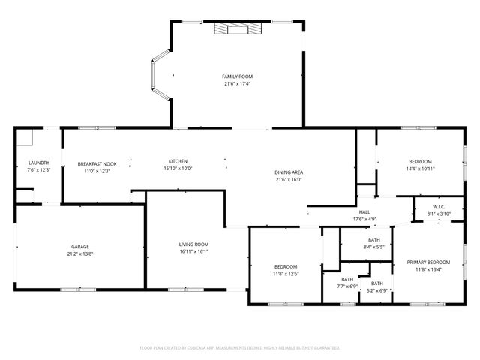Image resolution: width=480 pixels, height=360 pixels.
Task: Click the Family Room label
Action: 237,76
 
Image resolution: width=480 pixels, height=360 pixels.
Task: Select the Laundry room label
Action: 38,163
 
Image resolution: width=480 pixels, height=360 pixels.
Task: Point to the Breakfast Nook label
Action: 97,163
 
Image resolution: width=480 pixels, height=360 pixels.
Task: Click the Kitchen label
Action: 178,161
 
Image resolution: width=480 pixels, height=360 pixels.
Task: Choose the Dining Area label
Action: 289,172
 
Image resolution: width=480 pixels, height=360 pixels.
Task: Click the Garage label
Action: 80,246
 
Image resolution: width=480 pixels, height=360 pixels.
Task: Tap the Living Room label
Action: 193,244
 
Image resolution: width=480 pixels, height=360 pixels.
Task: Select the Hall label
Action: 364,212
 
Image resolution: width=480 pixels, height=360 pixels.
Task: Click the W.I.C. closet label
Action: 439,207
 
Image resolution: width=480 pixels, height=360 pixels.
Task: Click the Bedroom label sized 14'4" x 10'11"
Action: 420,161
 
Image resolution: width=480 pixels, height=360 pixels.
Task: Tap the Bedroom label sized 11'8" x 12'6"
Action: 286,266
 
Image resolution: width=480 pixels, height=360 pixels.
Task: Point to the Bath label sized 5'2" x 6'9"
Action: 376,283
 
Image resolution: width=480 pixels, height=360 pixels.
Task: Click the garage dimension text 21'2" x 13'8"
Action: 80,253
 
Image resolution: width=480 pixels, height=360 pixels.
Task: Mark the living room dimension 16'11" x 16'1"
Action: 193,252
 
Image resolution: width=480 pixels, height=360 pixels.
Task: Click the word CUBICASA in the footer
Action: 197,348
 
